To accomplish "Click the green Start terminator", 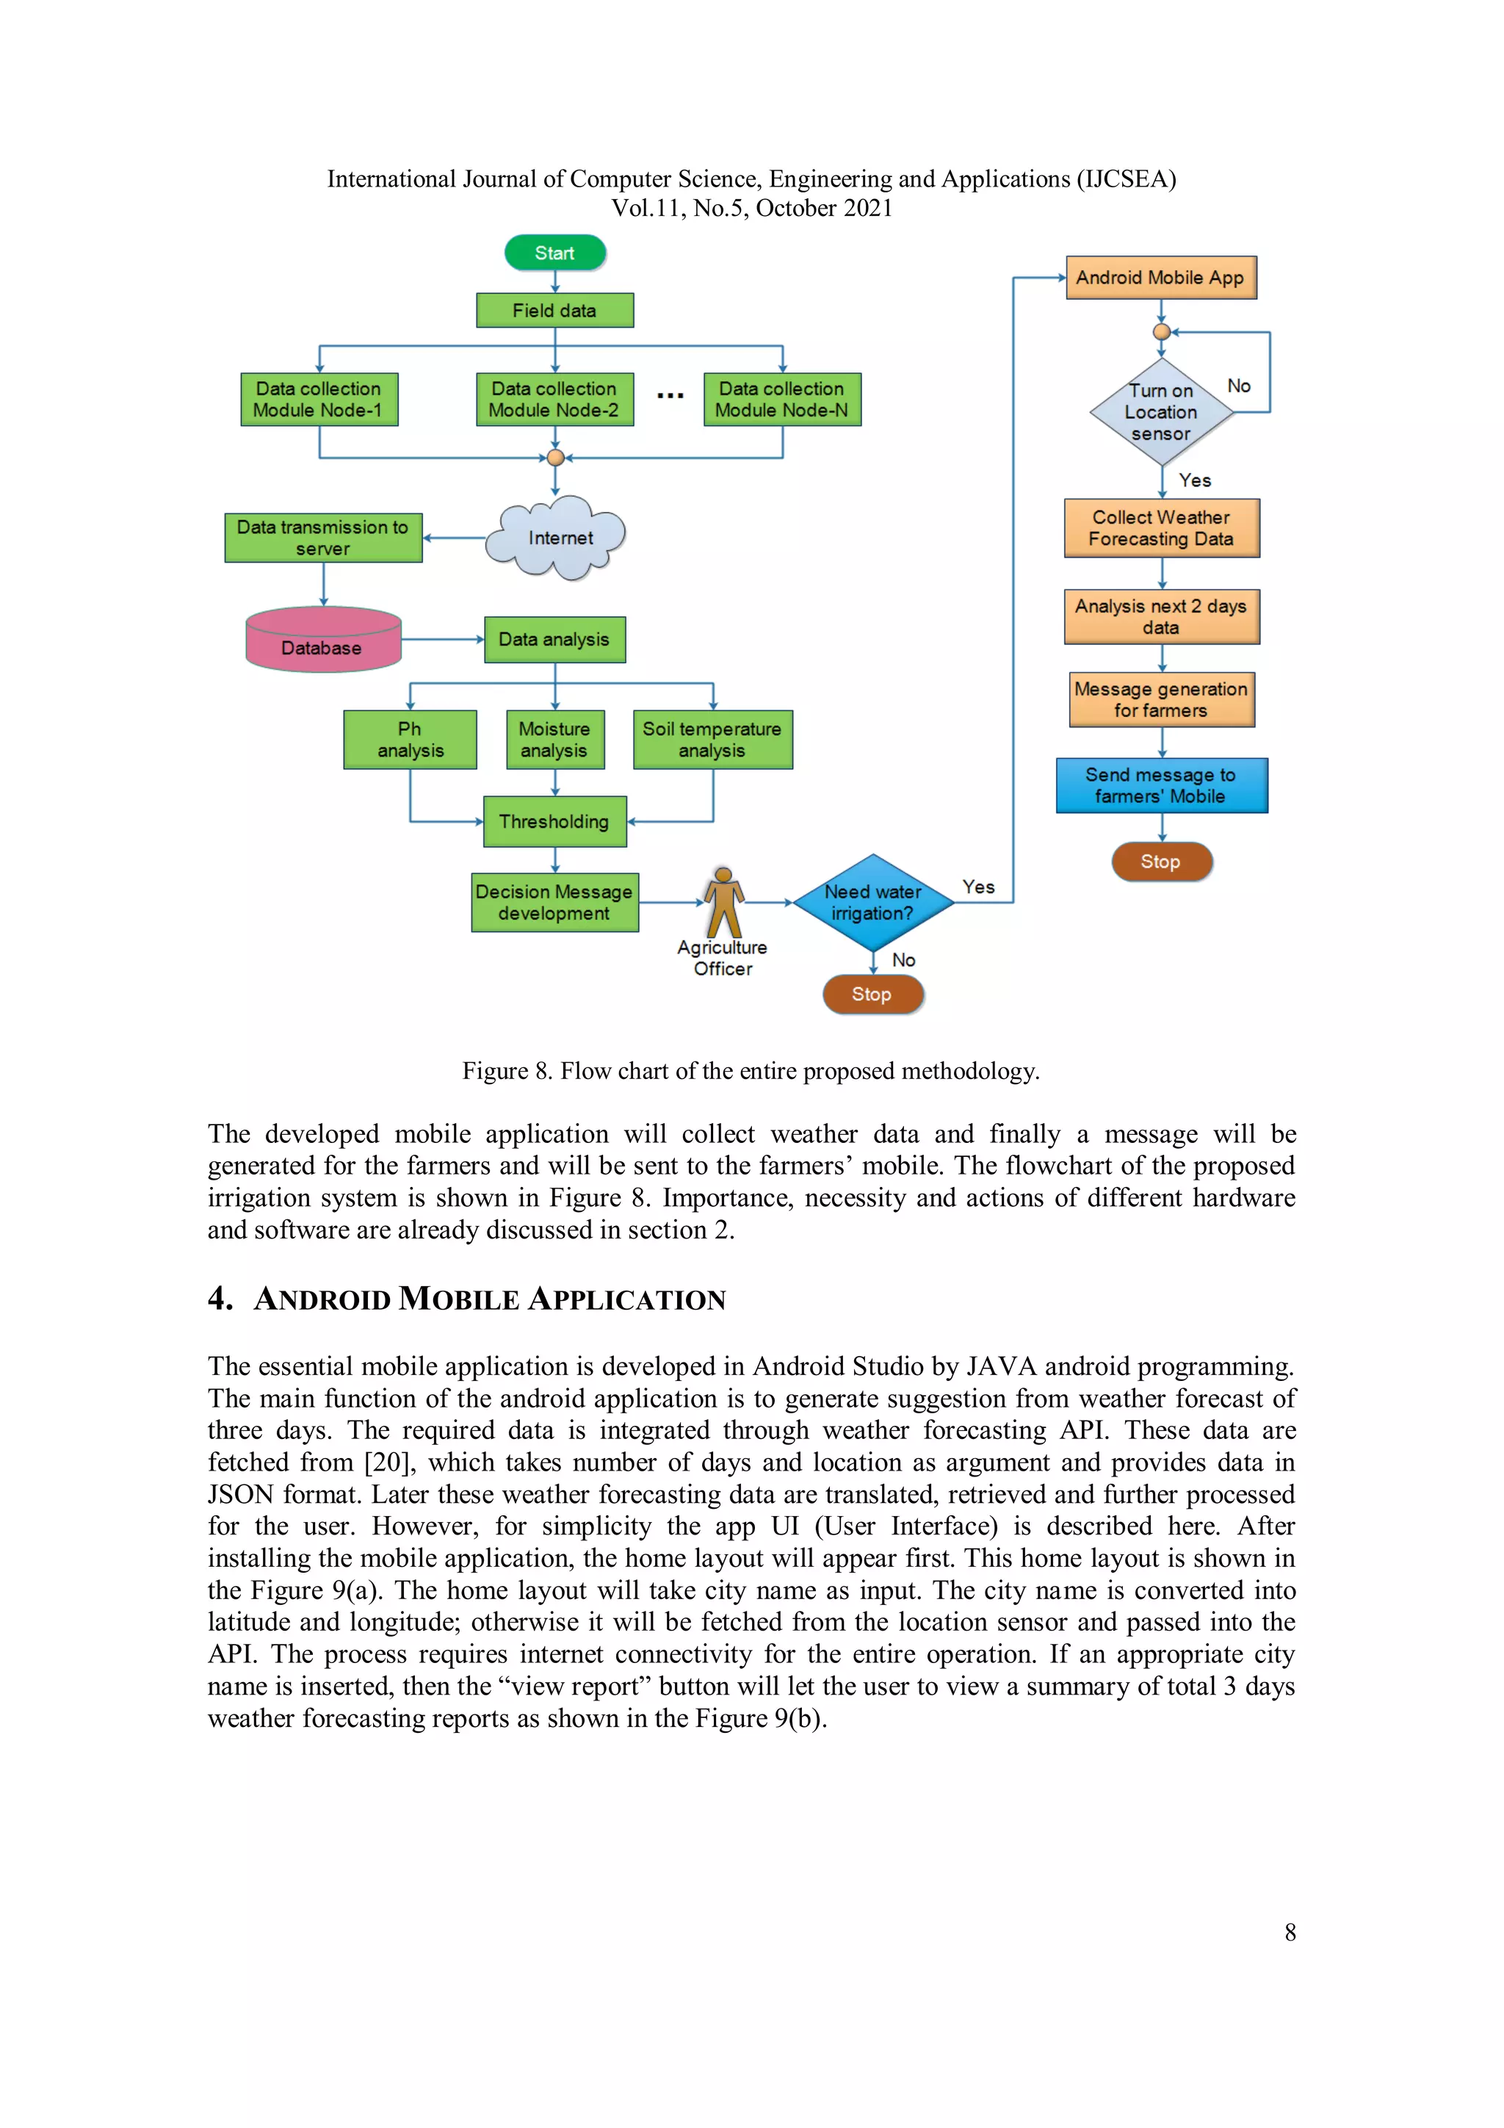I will (554, 252).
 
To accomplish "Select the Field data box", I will (554, 311).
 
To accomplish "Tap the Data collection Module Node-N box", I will (781, 400).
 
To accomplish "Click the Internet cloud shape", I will (559, 538).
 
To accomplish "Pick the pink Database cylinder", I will (322, 641).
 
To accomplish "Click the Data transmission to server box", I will (322, 538).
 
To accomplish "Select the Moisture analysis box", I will (554, 740).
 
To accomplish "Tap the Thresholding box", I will (554, 821).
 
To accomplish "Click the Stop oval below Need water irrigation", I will (872, 995).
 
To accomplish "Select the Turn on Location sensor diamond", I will (1160, 411).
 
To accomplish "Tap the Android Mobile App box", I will (1160, 277).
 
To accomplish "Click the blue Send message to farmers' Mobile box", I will (1160, 785).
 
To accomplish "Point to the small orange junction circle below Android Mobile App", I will (1160, 332).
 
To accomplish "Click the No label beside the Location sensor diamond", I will (1238, 386).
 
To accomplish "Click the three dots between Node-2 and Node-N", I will (669, 396).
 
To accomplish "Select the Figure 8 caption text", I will (751, 1072).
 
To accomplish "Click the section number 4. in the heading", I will (220, 1297).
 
